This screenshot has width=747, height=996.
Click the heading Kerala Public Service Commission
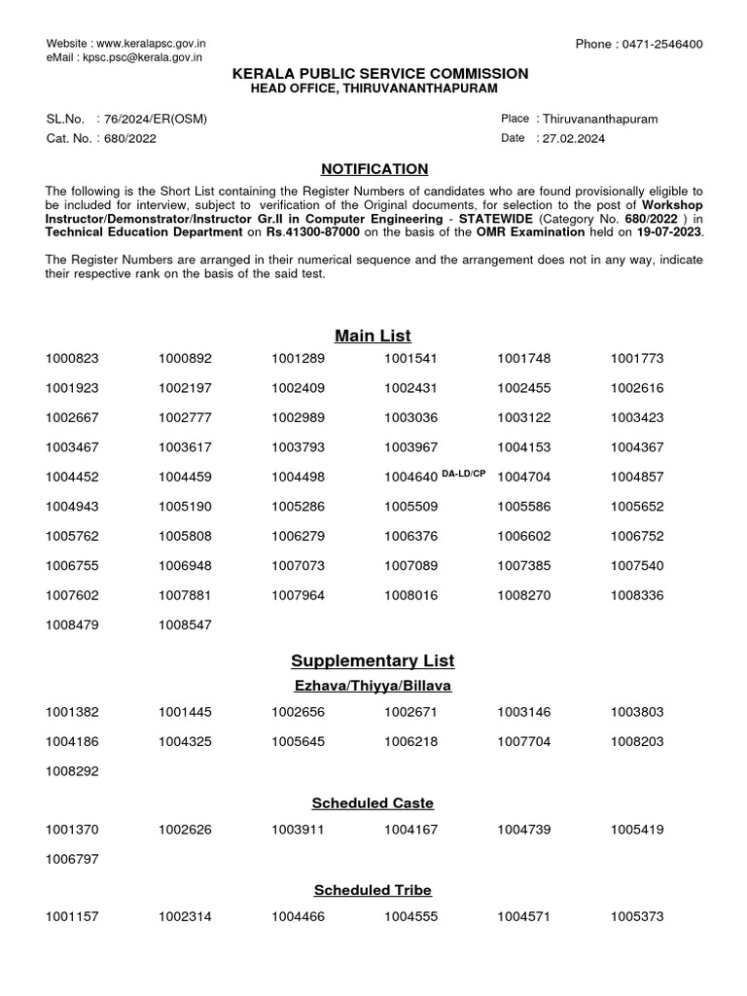(x=373, y=74)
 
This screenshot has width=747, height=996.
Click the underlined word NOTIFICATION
(x=373, y=169)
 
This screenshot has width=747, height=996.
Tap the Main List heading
(x=373, y=336)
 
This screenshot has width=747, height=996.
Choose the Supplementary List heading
(x=373, y=661)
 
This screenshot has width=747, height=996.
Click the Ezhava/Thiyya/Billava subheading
(x=373, y=686)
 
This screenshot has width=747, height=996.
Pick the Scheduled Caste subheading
(x=373, y=803)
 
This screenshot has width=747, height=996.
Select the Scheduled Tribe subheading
(x=373, y=890)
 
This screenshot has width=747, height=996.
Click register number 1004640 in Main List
(x=410, y=478)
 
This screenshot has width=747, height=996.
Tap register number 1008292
(x=72, y=771)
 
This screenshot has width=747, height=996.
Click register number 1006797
(x=72, y=860)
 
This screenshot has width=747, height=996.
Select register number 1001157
(x=72, y=917)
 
